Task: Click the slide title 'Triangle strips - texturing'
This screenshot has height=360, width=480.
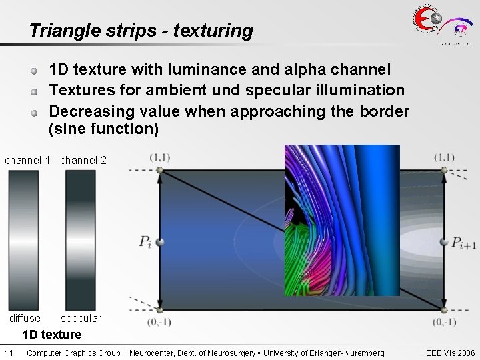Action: click(x=141, y=31)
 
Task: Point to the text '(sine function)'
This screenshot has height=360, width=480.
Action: click(x=103, y=129)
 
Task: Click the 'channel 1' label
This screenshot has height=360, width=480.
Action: click(x=27, y=160)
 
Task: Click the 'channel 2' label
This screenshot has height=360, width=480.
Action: click(x=83, y=160)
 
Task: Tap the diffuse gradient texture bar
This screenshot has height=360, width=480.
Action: click(x=23, y=240)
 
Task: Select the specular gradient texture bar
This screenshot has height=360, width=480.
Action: click(x=81, y=240)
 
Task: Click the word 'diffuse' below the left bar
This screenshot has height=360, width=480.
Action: click(x=25, y=319)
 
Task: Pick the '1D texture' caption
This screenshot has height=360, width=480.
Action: click(x=52, y=335)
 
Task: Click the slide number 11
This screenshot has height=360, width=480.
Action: click(x=9, y=353)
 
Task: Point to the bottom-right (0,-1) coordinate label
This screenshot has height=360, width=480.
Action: click(x=445, y=322)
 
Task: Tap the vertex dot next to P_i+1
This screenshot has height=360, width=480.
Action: click(x=445, y=241)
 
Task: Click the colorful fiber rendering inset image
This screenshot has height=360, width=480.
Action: click(x=342, y=220)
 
